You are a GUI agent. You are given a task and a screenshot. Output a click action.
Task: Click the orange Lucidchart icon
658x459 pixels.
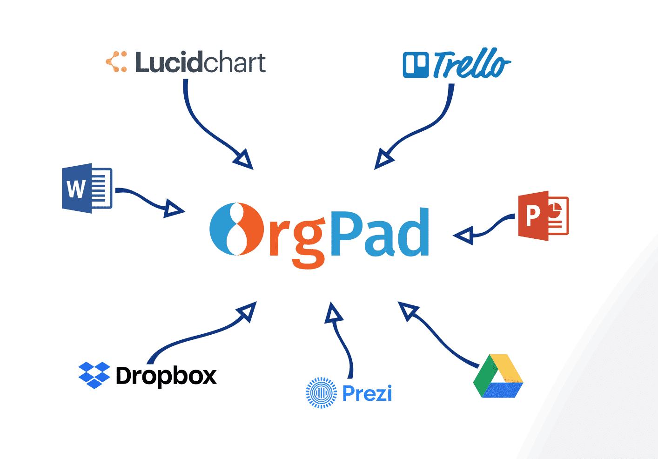coord(116,62)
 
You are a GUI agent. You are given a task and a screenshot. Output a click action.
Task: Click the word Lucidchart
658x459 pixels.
coord(200,62)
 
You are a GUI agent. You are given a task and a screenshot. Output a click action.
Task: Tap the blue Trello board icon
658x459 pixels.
coord(416,65)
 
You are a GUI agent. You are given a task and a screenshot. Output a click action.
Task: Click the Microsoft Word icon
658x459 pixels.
coord(87,189)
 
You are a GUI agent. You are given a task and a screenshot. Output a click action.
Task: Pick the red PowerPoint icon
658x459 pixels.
coord(543,216)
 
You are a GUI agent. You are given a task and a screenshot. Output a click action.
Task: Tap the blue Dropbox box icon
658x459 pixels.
coord(94,375)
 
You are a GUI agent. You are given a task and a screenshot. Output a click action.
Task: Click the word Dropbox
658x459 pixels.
coord(166,376)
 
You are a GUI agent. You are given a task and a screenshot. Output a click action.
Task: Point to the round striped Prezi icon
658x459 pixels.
coord(321,393)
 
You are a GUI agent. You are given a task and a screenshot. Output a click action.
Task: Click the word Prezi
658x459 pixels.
coord(367,393)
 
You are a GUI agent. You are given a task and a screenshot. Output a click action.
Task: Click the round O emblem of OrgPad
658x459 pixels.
coord(236,229)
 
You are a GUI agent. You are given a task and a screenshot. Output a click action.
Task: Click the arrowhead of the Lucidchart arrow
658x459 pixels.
coord(243,159)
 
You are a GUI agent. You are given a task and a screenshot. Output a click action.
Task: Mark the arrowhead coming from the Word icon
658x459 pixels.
coord(173,209)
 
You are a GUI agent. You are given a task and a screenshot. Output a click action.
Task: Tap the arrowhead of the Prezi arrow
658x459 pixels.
coord(333,313)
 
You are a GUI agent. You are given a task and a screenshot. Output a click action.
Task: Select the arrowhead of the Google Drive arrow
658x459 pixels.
coord(408,311)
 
